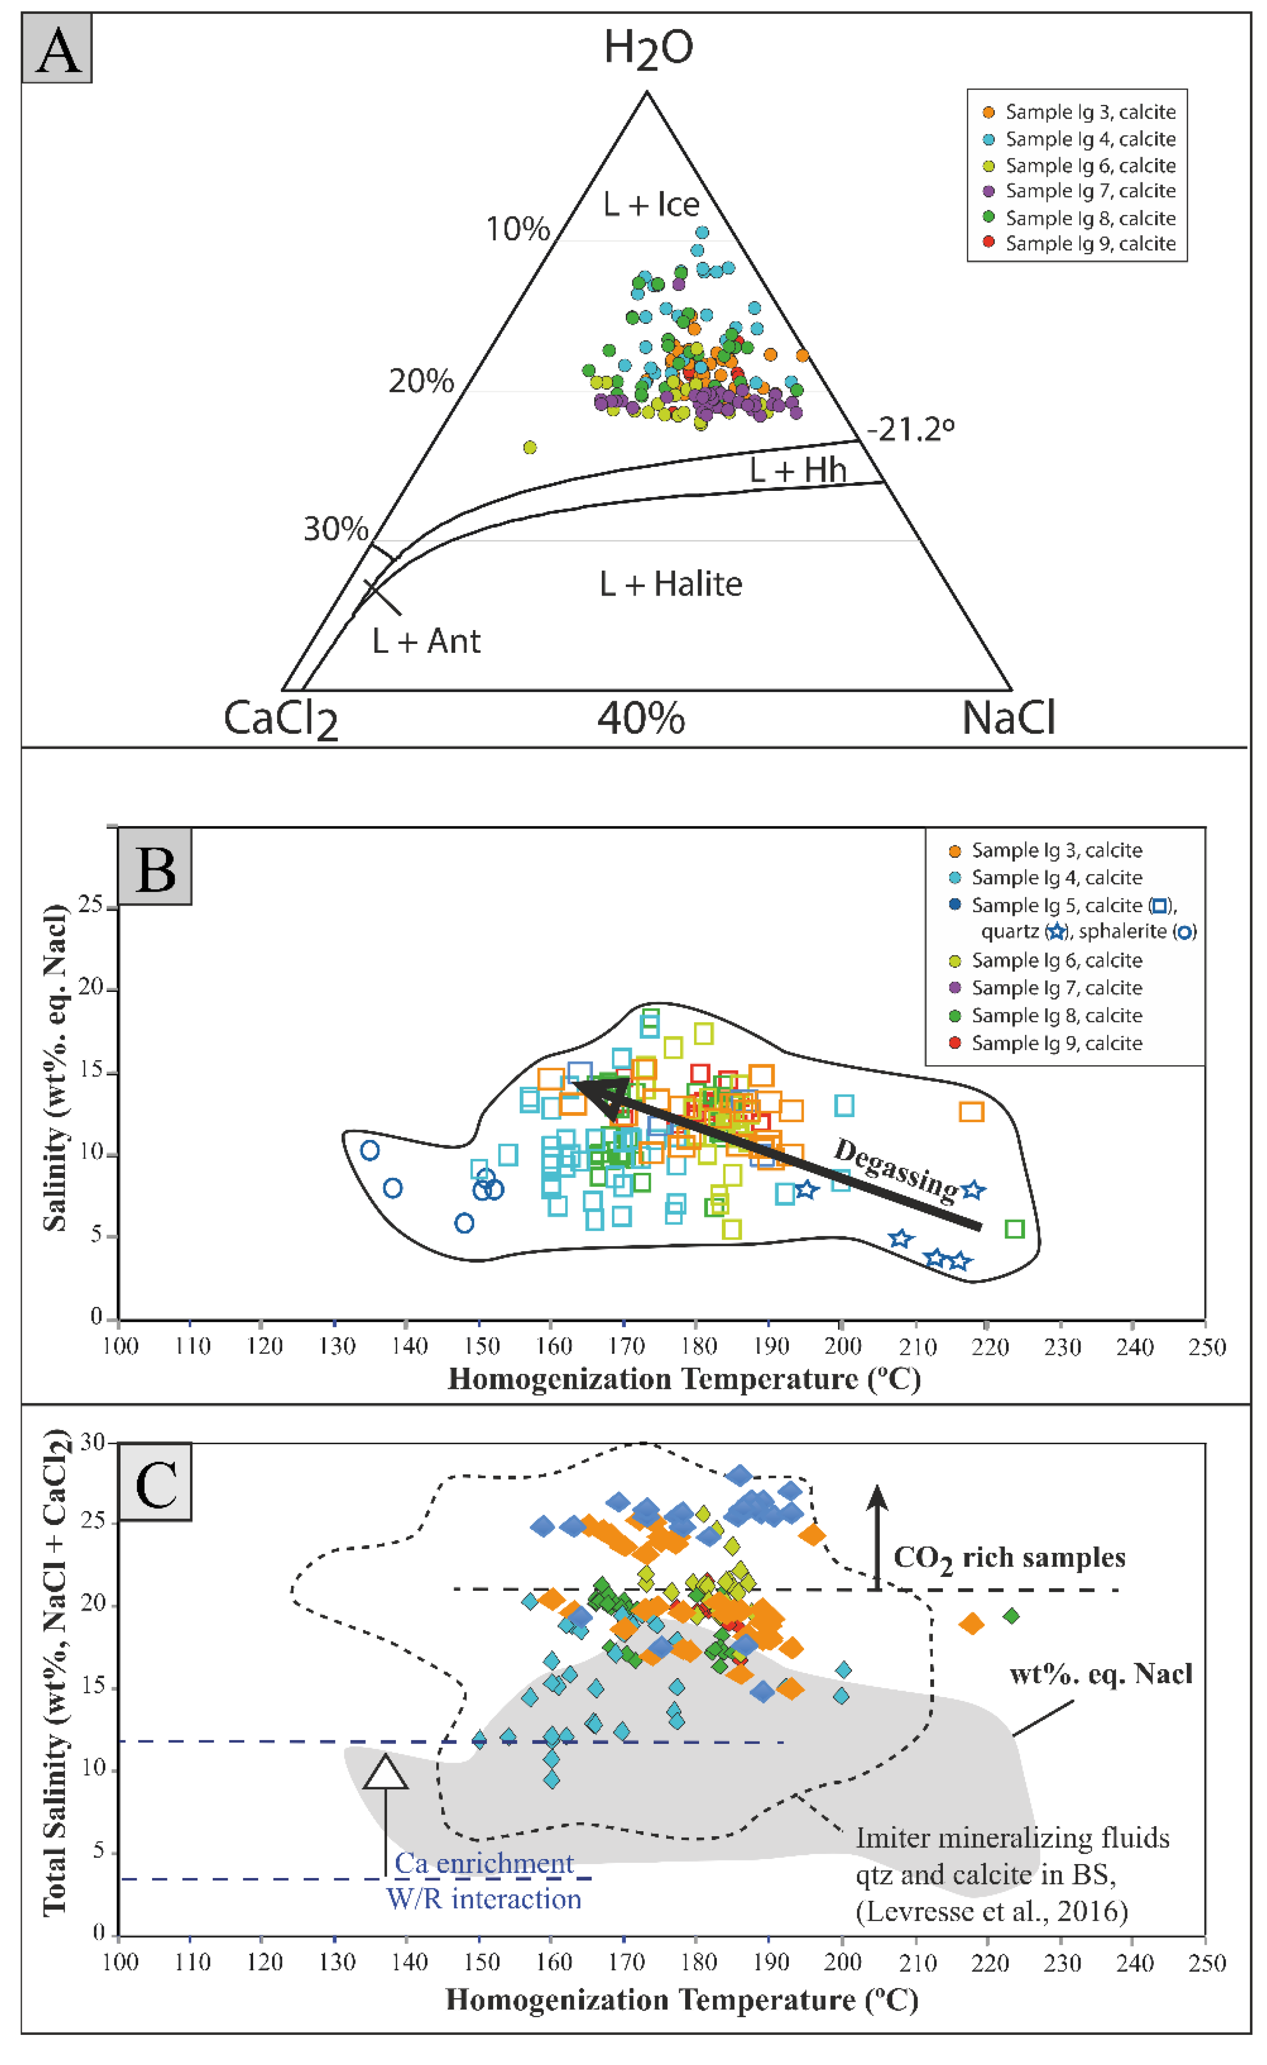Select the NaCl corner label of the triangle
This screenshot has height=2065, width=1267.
1008,718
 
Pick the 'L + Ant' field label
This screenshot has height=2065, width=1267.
427,641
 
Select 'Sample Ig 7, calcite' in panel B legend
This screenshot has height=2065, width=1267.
1056,988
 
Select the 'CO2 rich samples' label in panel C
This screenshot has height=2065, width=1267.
1009,1558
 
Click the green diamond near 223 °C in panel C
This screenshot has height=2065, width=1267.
1012,1615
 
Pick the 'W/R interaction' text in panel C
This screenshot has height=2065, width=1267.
484,1899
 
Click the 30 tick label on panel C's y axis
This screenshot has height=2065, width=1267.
92,1442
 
